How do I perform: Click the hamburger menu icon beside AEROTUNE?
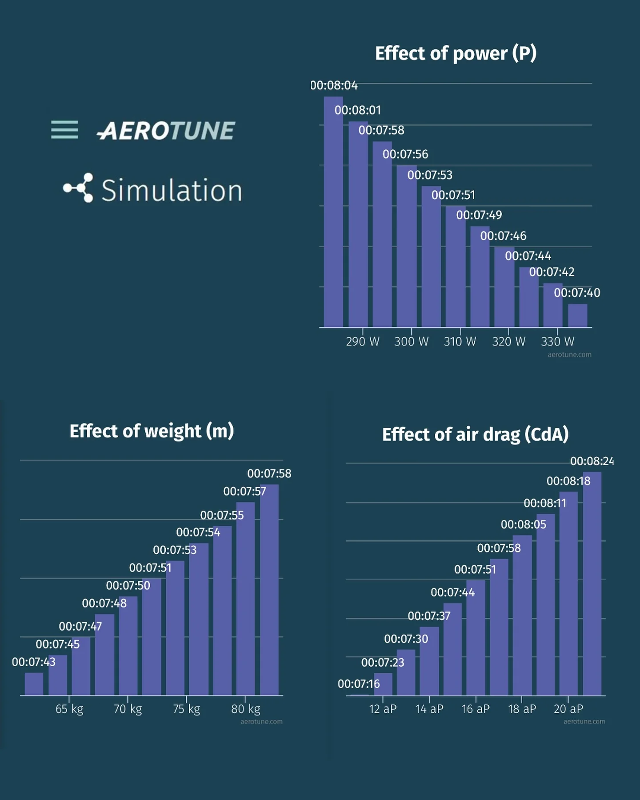pyautogui.click(x=64, y=130)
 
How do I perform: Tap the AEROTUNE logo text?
pyautogui.click(x=166, y=131)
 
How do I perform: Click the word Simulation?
pyautogui.click(x=172, y=191)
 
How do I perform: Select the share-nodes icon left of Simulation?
pyautogui.click(x=79, y=188)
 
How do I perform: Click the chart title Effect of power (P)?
pyautogui.click(x=456, y=53)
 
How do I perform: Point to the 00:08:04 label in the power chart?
pyautogui.click(x=334, y=85)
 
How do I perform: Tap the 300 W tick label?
pyautogui.click(x=411, y=341)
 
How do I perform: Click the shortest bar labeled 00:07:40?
pyautogui.click(x=577, y=316)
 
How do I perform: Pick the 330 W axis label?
pyautogui.click(x=557, y=341)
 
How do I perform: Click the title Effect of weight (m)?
pyautogui.click(x=152, y=431)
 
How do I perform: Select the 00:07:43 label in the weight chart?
pyautogui.click(x=34, y=662)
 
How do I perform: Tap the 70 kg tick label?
pyautogui.click(x=128, y=708)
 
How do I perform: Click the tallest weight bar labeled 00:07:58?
pyautogui.click(x=269, y=591)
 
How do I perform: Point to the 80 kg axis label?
pyautogui.click(x=245, y=708)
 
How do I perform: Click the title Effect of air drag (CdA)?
pyautogui.click(x=475, y=435)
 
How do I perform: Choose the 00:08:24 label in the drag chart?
pyautogui.click(x=592, y=461)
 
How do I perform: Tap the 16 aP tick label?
pyautogui.click(x=476, y=708)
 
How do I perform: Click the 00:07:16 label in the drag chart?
pyautogui.click(x=359, y=684)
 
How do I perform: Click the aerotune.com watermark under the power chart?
pyautogui.click(x=569, y=355)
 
